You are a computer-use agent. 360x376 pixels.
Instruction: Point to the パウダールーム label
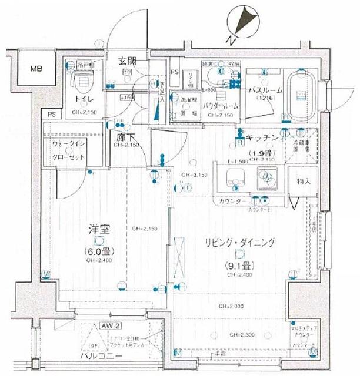click(220, 106)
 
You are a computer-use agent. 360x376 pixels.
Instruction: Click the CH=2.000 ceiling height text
click(233, 306)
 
